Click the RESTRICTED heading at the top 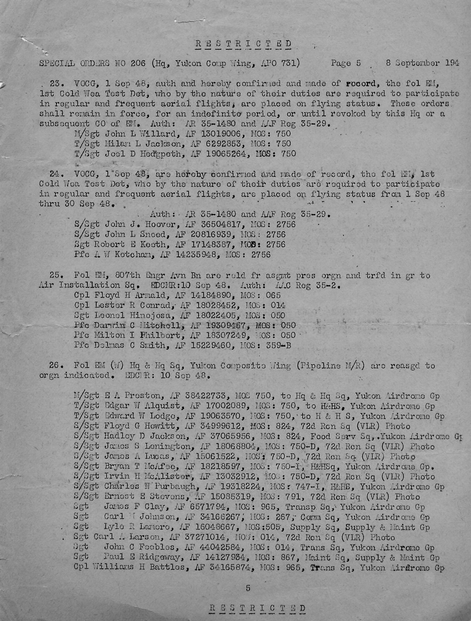click(243, 44)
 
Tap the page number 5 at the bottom click(248, 588)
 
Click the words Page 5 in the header click(346, 63)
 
